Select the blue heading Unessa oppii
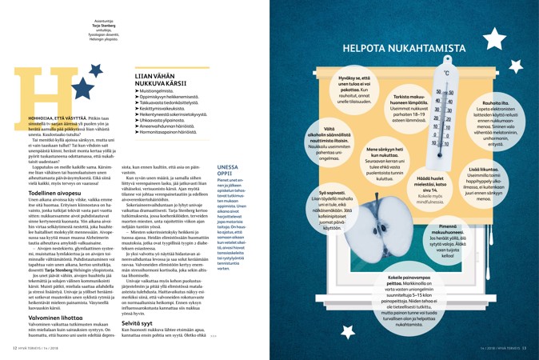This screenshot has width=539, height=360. point(228,171)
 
